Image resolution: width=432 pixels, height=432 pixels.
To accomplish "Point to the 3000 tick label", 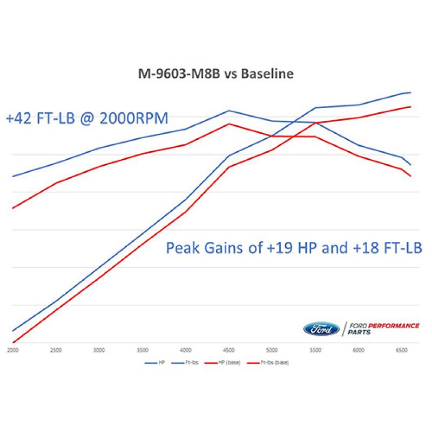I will pyautogui.click(x=98, y=350).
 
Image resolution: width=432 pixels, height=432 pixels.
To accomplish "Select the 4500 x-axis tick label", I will pyautogui.click(x=229, y=350).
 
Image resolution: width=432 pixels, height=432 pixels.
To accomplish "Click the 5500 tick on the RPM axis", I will pyautogui.click(x=315, y=350).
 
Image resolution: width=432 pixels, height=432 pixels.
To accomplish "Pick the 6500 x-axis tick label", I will pyautogui.click(x=402, y=350).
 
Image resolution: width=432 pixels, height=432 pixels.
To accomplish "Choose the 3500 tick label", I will pyautogui.click(x=142, y=350).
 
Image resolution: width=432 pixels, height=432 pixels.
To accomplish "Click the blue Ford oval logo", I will pyautogui.click(x=321, y=328).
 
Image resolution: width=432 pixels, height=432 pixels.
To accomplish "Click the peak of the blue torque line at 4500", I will pyautogui.click(x=229, y=111).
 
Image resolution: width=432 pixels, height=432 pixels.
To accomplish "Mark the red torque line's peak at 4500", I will pyautogui.click(x=229, y=124).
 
